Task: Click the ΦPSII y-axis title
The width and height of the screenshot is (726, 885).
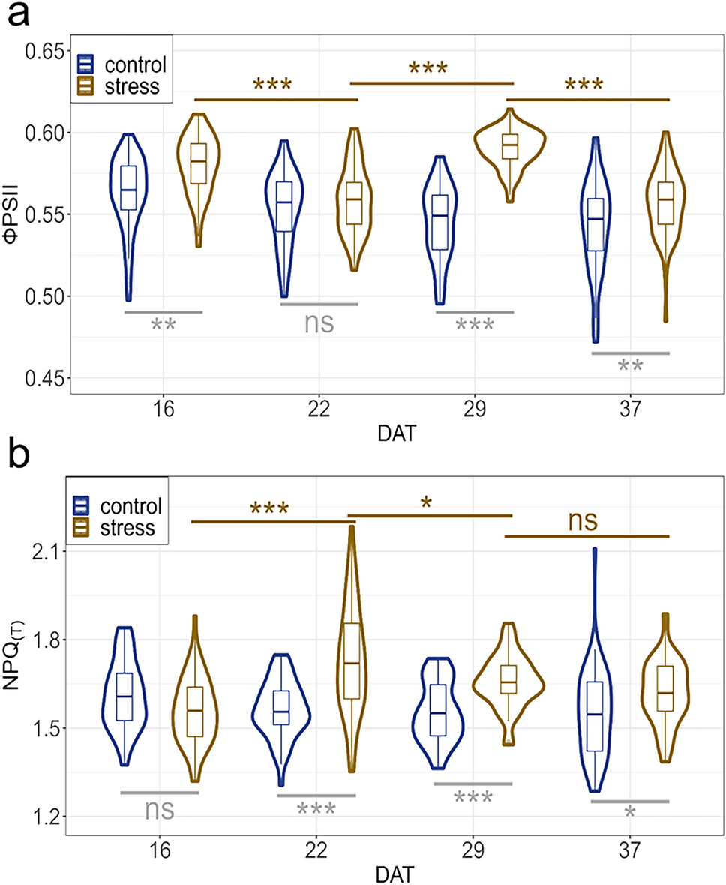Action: pyautogui.click(x=17, y=214)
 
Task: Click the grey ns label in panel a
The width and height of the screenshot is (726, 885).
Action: pyautogui.click(x=319, y=322)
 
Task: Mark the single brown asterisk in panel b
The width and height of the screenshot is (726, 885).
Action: pyautogui.click(x=427, y=503)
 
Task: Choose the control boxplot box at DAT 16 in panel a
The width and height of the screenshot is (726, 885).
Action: pyautogui.click(x=128, y=188)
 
